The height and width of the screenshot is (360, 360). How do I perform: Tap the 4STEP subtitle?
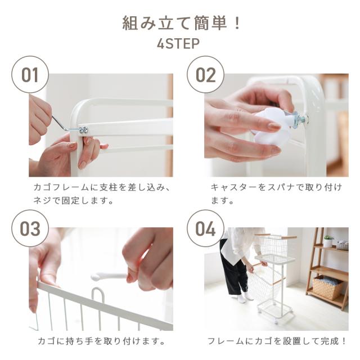click(178, 44)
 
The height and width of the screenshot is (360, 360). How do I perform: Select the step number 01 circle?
click(30, 75)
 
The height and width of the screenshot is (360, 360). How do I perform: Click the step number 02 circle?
click(205, 75)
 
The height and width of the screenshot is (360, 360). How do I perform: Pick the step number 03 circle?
click(30, 228)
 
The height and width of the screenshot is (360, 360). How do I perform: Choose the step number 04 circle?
click(205, 228)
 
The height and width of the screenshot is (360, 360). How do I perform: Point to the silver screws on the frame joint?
click(84, 130)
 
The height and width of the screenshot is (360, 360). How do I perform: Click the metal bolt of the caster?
click(299, 118)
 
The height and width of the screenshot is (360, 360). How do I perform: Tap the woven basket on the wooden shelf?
click(327, 287)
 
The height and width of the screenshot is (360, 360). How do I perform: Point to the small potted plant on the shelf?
click(328, 241)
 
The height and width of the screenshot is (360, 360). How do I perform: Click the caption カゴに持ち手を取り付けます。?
click(101, 341)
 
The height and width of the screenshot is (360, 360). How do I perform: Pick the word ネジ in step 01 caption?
click(42, 200)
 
